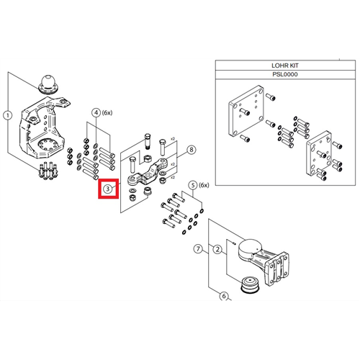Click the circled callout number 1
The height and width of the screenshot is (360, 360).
pos(8,116)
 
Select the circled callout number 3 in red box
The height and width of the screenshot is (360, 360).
pos(108,189)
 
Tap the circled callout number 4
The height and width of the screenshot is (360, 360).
pos(96,112)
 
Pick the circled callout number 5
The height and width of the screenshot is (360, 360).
pos(193,185)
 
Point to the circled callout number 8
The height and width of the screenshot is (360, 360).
pos(192,150)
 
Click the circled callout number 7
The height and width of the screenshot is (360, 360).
pos(198,248)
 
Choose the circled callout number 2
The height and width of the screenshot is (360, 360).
pos(217,249)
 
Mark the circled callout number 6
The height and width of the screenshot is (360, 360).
pos(224,296)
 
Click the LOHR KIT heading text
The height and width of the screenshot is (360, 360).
pos(285,66)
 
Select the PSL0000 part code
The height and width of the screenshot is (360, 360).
pos(285,74)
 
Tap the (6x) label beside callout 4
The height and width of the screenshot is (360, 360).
pos(107,112)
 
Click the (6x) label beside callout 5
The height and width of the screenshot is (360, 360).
pos(204,185)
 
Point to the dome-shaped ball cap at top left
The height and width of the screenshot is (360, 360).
pos(49,84)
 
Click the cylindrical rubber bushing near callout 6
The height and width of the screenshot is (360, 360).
pos(250,285)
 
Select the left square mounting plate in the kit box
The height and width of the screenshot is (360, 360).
pos(246,111)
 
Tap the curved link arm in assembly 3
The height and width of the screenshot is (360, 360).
pos(145,172)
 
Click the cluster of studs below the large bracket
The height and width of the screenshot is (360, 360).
pos(48,171)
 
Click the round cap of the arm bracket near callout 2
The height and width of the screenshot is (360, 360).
pos(250,247)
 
